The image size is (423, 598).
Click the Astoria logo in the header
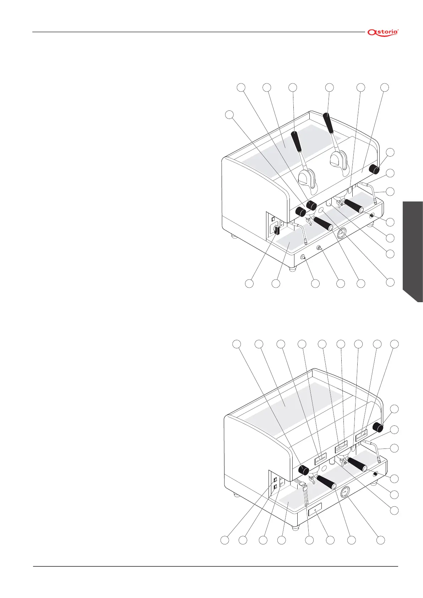click(383, 32)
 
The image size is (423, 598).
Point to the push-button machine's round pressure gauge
click(345, 493)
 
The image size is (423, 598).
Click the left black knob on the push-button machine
click(303, 470)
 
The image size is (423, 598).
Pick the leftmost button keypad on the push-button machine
click(320, 460)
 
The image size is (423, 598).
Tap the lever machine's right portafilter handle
click(353, 206)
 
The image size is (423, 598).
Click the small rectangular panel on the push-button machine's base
click(315, 510)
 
